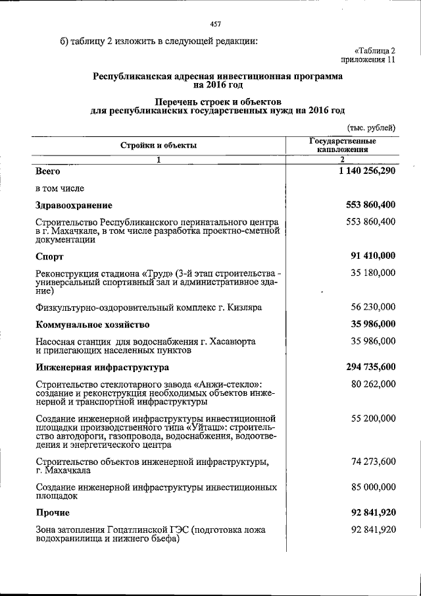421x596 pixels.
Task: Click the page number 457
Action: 214,24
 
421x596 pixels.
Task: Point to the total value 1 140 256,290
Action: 364,171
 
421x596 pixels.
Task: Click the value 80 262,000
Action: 373,383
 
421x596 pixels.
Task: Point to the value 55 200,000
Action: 373,418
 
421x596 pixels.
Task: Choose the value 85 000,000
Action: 373,487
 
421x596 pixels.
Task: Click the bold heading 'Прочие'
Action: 53,512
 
